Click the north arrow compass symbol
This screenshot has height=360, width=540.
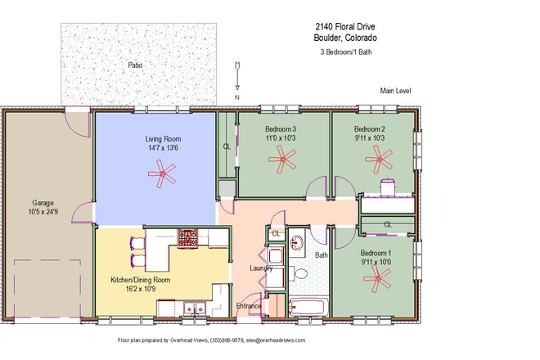[x=237, y=76]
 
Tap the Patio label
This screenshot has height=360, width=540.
[x=136, y=65]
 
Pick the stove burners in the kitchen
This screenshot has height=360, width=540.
[x=188, y=238]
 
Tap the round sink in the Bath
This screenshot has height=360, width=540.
[x=298, y=243]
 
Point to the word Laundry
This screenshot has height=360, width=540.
[x=261, y=268]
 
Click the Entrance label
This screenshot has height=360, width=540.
[x=249, y=306]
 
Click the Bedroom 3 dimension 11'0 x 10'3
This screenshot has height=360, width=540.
[x=280, y=139]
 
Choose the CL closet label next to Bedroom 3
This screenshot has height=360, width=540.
[x=227, y=146]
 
